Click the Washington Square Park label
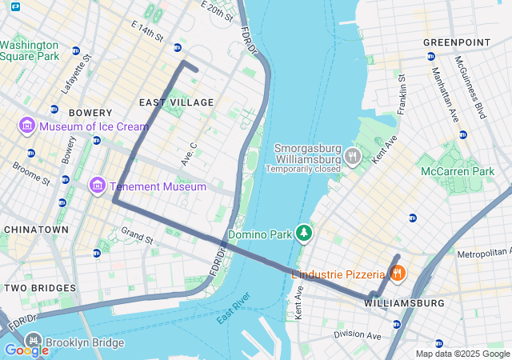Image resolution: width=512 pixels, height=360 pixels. [30, 51]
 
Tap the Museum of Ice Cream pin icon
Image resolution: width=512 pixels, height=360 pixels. [26, 126]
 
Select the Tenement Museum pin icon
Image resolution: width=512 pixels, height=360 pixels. [98, 186]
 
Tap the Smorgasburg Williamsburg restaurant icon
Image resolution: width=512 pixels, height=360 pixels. [351, 158]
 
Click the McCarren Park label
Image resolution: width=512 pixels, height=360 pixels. [458, 171]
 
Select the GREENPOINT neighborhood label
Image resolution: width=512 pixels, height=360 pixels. [450, 42]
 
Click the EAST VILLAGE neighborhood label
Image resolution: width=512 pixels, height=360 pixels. [176, 102]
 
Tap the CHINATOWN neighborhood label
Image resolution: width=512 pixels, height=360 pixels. [36, 230]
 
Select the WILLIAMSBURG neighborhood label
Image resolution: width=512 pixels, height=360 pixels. [404, 304]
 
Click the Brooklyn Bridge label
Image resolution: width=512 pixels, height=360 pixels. [85, 343]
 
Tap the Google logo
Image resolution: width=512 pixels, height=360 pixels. [26, 350]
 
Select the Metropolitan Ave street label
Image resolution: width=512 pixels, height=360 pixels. [483, 254]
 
